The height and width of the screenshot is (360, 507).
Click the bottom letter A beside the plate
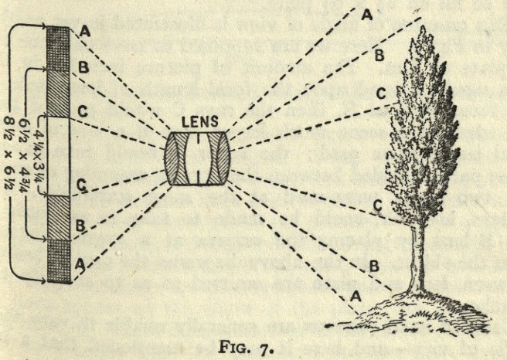(80, 263)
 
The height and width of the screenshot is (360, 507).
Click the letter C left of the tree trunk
(377, 205)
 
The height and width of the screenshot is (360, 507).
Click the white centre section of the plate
(58, 155)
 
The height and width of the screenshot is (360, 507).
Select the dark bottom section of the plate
(58, 263)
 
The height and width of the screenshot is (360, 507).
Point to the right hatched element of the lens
(219, 158)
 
